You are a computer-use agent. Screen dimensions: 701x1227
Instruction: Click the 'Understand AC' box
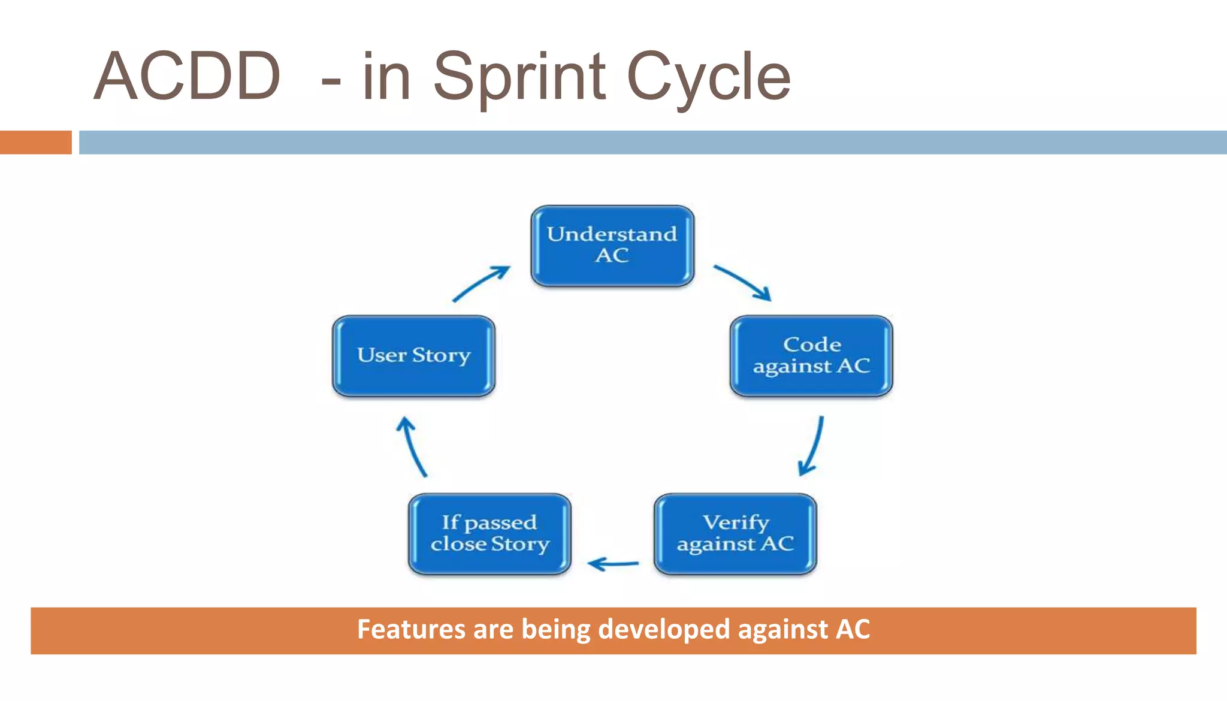pos(612,246)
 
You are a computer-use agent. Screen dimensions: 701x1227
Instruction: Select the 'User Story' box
pos(413,356)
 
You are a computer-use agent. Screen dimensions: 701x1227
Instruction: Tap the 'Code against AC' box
pos(811,356)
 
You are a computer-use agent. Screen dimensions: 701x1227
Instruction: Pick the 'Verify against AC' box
pos(735,534)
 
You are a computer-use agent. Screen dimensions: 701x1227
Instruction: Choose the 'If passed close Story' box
pos(489,534)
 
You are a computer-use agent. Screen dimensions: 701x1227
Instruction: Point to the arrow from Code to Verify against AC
pos(813,446)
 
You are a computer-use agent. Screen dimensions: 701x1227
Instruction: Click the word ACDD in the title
pos(188,77)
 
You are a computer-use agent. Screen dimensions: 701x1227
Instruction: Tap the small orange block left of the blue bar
pos(35,143)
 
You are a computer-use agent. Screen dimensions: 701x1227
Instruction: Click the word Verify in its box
pos(736,522)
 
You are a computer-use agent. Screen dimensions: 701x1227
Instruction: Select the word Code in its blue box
pos(812,345)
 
